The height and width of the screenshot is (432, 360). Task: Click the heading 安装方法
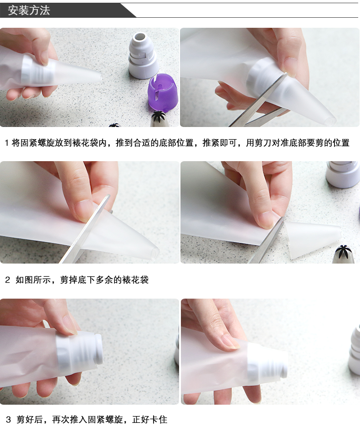29,10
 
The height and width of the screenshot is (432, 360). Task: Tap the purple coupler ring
162,91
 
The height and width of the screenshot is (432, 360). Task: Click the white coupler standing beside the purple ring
144,56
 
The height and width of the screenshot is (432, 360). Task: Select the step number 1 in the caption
7,143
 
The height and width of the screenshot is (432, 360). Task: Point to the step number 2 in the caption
7,280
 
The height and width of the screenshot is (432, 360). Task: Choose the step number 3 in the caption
8,420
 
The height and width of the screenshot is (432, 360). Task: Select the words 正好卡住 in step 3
150,420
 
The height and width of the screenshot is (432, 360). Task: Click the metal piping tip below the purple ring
158,119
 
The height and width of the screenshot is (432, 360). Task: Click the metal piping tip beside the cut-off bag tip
344,254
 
